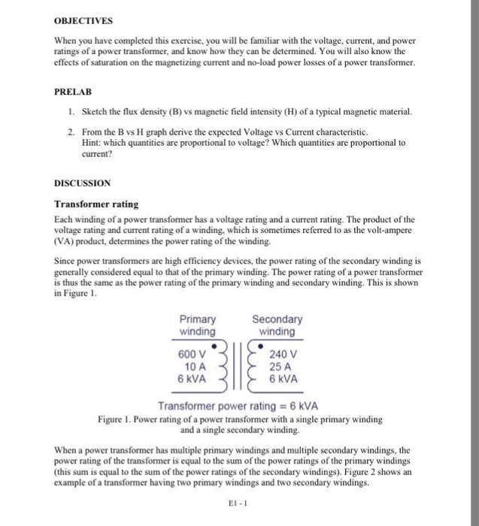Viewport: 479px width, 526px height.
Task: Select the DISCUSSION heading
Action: pos(82,183)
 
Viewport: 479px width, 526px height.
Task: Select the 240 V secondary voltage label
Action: pos(283,354)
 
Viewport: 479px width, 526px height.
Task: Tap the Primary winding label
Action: pos(198,325)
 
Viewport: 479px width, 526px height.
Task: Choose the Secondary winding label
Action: pos(277,325)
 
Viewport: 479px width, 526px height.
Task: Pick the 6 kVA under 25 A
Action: pos(283,379)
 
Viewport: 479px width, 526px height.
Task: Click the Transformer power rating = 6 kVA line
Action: pos(238,407)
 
